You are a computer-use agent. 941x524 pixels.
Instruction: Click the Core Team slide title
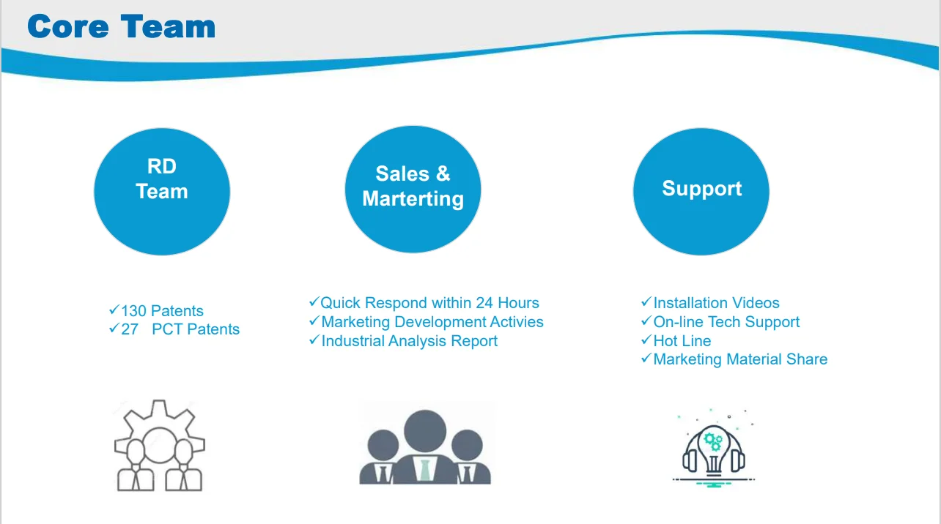(122, 27)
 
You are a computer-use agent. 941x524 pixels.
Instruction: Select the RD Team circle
(162, 191)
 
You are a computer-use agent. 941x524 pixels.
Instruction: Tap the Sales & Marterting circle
(413, 189)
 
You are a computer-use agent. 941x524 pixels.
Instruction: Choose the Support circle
(701, 190)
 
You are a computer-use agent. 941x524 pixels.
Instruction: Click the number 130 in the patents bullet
(133, 311)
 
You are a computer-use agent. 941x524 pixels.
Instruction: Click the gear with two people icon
(160, 446)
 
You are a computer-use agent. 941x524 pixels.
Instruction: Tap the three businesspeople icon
(425, 447)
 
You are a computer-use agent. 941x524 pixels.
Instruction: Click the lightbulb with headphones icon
(714, 448)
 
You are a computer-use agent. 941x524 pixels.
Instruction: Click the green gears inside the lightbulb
(712, 441)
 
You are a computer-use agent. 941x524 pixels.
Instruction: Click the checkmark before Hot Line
(646, 340)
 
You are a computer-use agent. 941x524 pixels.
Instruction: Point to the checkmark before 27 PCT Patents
(114, 329)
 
